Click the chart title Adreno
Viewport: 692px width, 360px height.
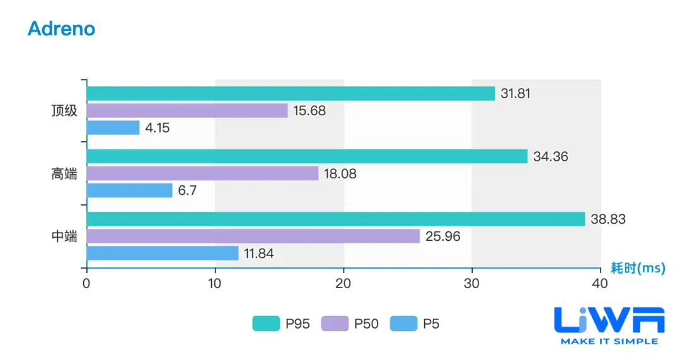pyautogui.click(x=61, y=28)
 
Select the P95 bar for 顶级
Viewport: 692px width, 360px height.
pyautogui.click(x=291, y=93)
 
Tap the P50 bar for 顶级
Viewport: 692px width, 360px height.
pyautogui.click(x=187, y=110)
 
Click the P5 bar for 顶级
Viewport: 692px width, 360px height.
pyautogui.click(x=113, y=127)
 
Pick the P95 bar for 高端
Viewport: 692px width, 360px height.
pyautogui.click(x=307, y=156)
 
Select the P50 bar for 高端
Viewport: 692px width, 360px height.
pyautogui.click(x=202, y=173)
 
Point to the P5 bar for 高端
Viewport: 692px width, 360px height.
pyautogui.click(x=129, y=190)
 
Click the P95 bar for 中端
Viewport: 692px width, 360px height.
pyautogui.click(x=336, y=219)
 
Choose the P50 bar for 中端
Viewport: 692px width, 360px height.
pyautogui.click(x=253, y=236)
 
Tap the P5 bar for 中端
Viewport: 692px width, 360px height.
pyautogui.click(x=163, y=253)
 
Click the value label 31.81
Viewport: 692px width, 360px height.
pyautogui.click(x=516, y=94)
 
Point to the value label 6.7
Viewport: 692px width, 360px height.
pyautogui.click(x=188, y=190)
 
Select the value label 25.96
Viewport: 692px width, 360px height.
pyautogui.click(x=443, y=236)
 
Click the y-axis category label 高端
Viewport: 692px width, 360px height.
pyautogui.click(x=64, y=174)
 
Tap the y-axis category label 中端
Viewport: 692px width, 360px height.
pyautogui.click(x=64, y=236)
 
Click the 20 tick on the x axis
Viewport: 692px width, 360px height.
pyautogui.click(x=343, y=284)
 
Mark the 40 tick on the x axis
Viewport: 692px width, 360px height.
pyautogui.click(x=600, y=284)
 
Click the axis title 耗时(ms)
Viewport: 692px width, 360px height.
pyautogui.click(x=638, y=268)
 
